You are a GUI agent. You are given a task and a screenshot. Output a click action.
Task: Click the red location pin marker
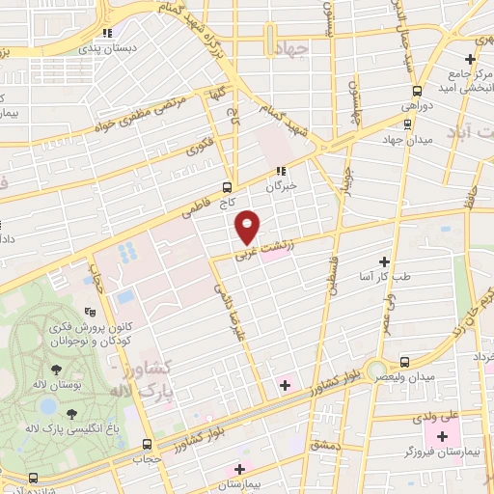pyautogui.click(x=248, y=227)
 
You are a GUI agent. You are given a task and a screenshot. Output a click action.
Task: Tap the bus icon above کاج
pyautogui.click(x=227, y=187)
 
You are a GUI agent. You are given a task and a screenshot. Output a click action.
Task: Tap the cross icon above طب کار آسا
pyautogui.click(x=384, y=261)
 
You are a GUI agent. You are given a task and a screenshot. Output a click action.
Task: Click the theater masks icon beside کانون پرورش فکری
pyautogui.click(x=89, y=311)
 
